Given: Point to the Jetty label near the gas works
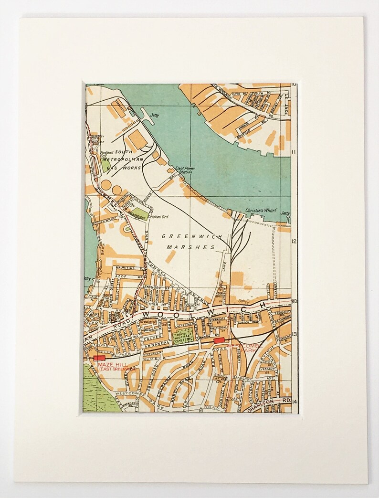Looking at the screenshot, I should point(153,115).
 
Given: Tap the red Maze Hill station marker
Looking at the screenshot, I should point(99,358).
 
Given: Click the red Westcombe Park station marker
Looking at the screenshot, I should point(219,340).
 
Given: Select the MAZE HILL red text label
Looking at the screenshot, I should point(109,364).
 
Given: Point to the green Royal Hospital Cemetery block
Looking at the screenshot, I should point(183,335).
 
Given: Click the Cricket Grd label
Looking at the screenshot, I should point(158,217).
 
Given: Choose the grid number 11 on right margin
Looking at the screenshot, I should point(294,152).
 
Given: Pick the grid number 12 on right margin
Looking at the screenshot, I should point(294,241).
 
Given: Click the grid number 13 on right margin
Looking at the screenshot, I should point(294,334).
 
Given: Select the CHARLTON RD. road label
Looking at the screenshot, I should point(267,403).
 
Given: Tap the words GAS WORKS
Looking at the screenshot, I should point(118,169).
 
